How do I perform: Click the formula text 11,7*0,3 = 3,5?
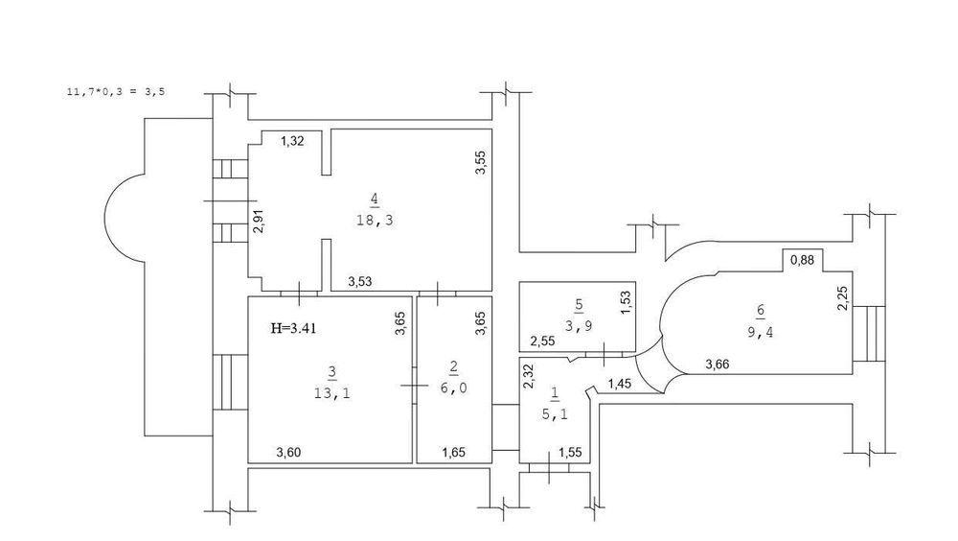[116, 92]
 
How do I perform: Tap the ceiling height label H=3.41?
[293, 329]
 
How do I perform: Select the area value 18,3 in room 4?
[375, 221]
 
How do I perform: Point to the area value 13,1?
[331, 393]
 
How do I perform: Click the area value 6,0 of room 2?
[453, 388]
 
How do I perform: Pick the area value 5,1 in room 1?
[555, 414]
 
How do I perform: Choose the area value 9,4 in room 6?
[760, 332]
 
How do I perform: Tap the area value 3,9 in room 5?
[579, 326]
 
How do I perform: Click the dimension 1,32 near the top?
[292, 141]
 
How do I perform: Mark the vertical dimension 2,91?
[260, 221]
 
